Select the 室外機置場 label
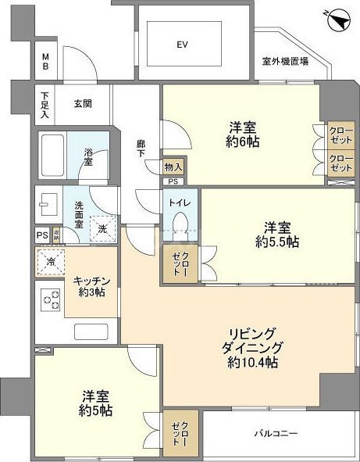285,62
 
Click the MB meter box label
45,62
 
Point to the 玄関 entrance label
84,102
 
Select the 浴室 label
88,156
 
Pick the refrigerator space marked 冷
48,263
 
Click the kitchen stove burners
50,300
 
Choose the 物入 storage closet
173,167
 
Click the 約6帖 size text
244,142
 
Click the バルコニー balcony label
275,432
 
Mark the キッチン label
92,281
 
